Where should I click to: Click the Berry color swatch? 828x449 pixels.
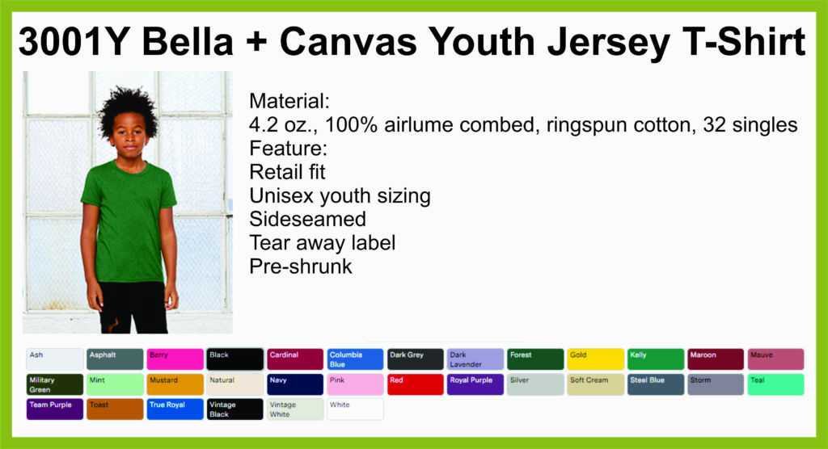pyautogui.click(x=175, y=359)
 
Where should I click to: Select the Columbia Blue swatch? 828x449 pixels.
pyautogui.click(x=355, y=359)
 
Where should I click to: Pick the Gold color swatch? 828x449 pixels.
pyautogui.click(x=595, y=359)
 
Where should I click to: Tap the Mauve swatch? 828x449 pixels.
pyautogui.click(x=775, y=359)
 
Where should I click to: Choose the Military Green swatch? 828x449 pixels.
pyautogui.click(x=55, y=384)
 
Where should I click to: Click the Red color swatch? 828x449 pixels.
pyautogui.click(x=415, y=384)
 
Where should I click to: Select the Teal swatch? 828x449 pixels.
pyautogui.click(x=775, y=384)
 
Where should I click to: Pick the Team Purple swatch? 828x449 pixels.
pyautogui.click(x=55, y=409)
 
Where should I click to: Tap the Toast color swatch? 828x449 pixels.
pyautogui.click(x=115, y=409)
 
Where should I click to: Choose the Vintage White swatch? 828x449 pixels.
pyautogui.click(x=295, y=409)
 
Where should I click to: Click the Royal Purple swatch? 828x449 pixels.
pyautogui.click(x=475, y=384)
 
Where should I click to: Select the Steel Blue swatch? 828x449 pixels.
pyautogui.click(x=655, y=384)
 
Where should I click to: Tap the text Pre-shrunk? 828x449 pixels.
pyautogui.click(x=301, y=266)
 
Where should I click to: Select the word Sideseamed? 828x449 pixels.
pyautogui.click(x=307, y=219)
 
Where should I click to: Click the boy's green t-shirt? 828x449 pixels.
pyautogui.click(x=129, y=221)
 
